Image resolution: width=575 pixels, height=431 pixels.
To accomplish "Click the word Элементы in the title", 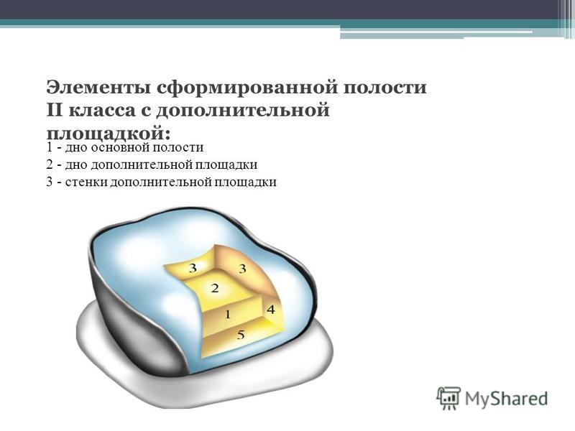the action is (x=98, y=88).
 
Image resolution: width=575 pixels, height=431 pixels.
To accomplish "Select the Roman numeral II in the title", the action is (x=55, y=111).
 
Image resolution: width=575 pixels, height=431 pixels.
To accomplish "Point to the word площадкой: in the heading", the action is (x=109, y=133).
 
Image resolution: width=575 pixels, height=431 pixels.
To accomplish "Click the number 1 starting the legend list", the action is (x=50, y=147).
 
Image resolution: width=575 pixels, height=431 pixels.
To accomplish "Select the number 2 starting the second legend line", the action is (x=50, y=164).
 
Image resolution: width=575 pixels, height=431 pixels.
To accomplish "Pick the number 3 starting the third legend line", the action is (x=50, y=182).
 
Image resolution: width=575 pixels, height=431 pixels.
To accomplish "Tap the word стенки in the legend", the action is (x=86, y=182).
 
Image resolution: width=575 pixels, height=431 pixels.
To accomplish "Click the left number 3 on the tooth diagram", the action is (x=193, y=268).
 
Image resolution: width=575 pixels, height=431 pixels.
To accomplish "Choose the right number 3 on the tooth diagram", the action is (x=243, y=269).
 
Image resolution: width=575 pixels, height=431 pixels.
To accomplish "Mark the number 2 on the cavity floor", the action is (x=215, y=288).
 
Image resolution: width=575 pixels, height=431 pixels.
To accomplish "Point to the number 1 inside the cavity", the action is (x=228, y=314).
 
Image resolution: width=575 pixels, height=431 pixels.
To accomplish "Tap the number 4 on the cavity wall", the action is (x=271, y=310).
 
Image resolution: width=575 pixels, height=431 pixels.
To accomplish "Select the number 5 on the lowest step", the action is (x=241, y=335).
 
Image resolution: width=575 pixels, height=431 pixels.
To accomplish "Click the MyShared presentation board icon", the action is (x=448, y=398).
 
